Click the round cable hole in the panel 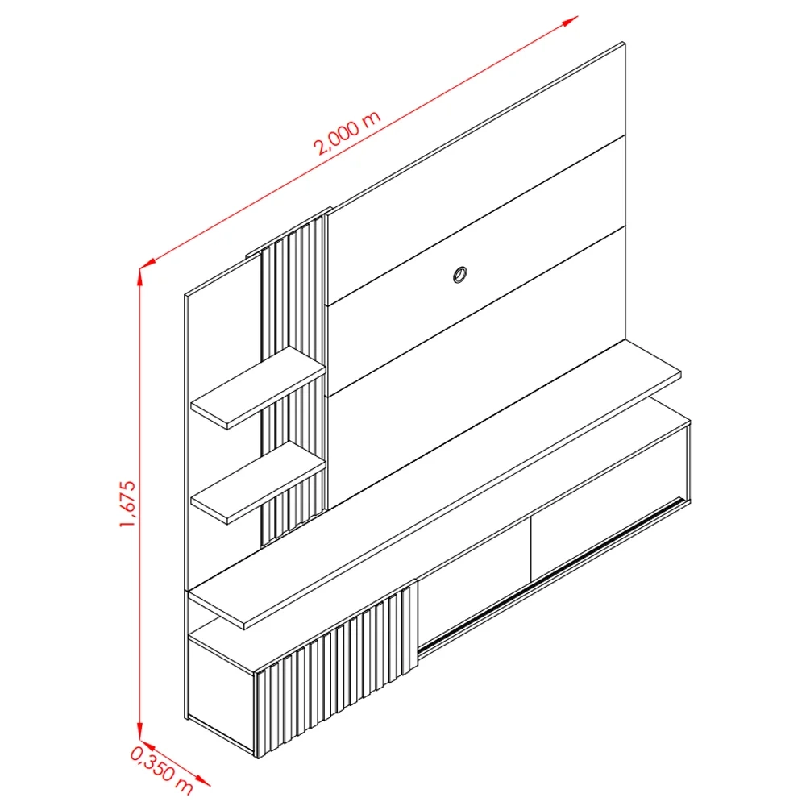[x=460, y=275]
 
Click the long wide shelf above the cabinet [x=435, y=484]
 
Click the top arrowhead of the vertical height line [x=140, y=276]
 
